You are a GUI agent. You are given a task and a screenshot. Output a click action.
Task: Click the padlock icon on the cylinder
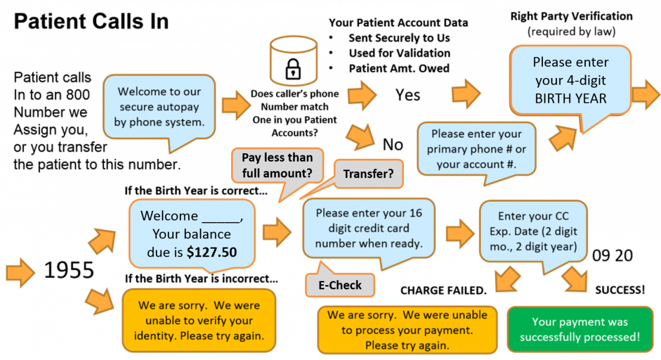click(x=293, y=69)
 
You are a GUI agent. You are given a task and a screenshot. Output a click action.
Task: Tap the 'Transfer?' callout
click(x=368, y=174)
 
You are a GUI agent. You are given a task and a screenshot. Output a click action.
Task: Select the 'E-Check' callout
click(x=340, y=285)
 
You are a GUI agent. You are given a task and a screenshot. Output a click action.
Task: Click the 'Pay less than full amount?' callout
click(x=277, y=166)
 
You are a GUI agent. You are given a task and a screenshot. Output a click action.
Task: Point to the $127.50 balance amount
click(x=212, y=252)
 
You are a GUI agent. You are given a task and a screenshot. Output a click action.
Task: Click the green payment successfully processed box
click(x=580, y=329)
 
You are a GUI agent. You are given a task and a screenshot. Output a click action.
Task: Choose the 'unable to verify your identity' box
click(x=199, y=320)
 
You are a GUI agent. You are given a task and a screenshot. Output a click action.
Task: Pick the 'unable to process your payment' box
click(x=407, y=329)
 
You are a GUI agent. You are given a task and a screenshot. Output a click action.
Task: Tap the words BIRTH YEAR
click(x=571, y=98)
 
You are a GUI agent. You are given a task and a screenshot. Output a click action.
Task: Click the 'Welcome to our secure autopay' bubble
click(x=159, y=106)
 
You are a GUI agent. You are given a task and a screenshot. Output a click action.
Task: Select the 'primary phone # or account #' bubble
click(x=476, y=149)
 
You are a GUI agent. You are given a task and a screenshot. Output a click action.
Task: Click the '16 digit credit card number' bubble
click(x=368, y=228)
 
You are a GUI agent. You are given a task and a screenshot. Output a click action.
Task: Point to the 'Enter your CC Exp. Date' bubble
click(x=533, y=231)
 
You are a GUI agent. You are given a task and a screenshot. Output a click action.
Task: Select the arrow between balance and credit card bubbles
click(x=277, y=232)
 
